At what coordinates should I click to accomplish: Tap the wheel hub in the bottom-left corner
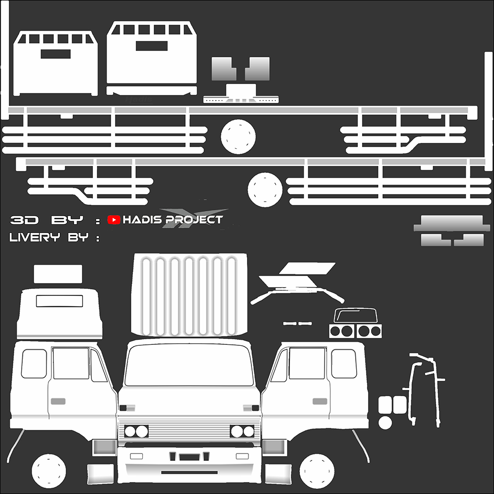pos(49,468)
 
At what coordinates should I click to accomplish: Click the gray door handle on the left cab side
pos(58,400)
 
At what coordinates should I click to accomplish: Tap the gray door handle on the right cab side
pos(321,400)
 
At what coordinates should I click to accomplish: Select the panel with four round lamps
pos(356,330)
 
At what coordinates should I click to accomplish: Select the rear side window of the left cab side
pos(34,364)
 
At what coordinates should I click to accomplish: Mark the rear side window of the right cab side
pos(344,364)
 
